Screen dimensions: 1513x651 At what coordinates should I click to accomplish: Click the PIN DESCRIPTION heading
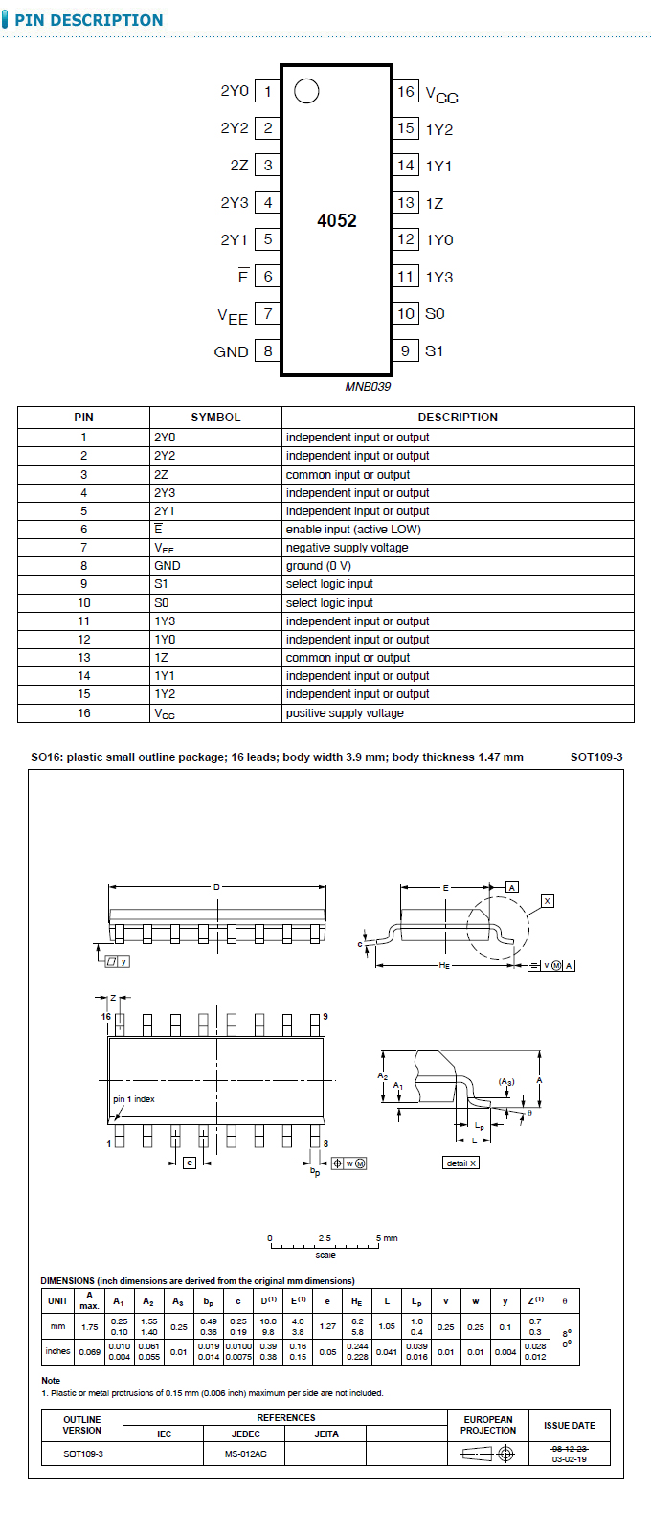tap(89, 20)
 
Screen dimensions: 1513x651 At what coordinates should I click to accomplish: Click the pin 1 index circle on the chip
tap(306, 91)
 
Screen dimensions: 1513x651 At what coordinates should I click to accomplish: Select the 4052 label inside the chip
tap(337, 220)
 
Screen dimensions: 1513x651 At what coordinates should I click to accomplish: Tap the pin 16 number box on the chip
tap(406, 92)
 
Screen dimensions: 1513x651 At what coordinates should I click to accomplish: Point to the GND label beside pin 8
tap(231, 351)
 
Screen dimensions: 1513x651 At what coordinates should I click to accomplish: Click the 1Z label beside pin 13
tap(435, 203)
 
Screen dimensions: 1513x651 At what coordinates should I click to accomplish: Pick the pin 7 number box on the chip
tap(268, 313)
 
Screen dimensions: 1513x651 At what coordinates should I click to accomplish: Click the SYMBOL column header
tap(215, 418)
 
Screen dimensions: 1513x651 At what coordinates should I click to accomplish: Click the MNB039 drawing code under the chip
tap(368, 387)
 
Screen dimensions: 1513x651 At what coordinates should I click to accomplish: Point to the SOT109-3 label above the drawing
tap(595, 757)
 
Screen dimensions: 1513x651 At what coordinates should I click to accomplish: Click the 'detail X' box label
tap(461, 1163)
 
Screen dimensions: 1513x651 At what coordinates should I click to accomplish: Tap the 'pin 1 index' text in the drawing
tap(134, 1099)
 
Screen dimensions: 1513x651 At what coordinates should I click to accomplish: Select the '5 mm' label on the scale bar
tap(388, 1238)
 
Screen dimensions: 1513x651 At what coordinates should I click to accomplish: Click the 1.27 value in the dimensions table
tap(327, 1326)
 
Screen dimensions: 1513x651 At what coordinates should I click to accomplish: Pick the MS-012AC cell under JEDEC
tap(246, 1454)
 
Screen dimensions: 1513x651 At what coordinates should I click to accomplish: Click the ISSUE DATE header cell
tap(569, 1426)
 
